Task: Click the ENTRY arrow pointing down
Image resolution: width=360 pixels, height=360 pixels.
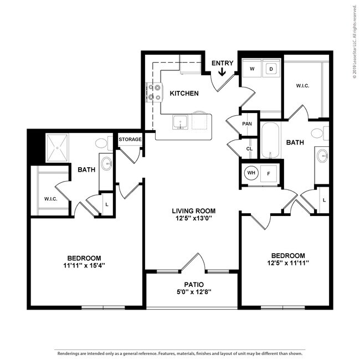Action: [x=222, y=71]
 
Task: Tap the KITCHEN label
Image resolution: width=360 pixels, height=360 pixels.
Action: [x=184, y=93]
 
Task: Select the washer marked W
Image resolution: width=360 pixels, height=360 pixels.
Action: [x=252, y=69]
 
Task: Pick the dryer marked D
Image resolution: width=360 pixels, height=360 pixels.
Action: [x=271, y=69]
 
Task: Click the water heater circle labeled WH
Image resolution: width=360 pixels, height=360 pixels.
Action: [x=251, y=172]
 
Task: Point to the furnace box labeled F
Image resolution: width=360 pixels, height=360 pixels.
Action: [x=269, y=173]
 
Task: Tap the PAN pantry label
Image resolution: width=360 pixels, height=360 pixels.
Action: [x=247, y=124]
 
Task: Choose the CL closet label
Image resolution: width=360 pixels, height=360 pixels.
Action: [x=249, y=149]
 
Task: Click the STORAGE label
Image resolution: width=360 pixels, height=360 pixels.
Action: [x=130, y=139]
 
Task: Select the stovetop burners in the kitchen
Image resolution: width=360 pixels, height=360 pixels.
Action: [x=155, y=92]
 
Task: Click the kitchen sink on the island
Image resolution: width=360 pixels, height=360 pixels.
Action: [x=180, y=122]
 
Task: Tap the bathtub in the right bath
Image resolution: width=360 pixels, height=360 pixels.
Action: [x=270, y=140]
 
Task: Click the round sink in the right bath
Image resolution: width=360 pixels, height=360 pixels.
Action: [x=322, y=156]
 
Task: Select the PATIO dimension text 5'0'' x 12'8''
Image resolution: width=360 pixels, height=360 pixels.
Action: [x=193, y=292]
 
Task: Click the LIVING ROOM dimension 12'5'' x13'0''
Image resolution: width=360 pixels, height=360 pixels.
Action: [x=193, y=218]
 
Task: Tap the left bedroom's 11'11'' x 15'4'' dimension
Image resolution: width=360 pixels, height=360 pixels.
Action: [x=84, y=265]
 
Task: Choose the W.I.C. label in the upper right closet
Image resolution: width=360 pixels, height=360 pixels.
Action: [x=302, y=86]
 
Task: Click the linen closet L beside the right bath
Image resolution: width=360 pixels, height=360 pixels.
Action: [x=324, y=200]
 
